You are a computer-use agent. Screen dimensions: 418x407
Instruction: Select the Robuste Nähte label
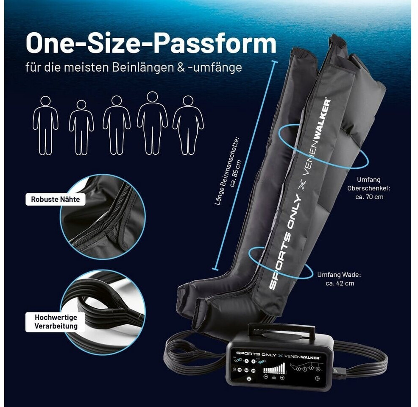[x=55, y=199]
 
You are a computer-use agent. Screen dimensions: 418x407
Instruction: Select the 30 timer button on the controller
[x=254, y=371]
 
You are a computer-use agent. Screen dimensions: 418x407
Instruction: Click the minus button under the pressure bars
[x=266, y=377]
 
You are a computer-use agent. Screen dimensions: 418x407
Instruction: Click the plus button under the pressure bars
[x=282, y=377]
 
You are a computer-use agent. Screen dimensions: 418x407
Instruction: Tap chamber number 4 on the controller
[x=318, y=370]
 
